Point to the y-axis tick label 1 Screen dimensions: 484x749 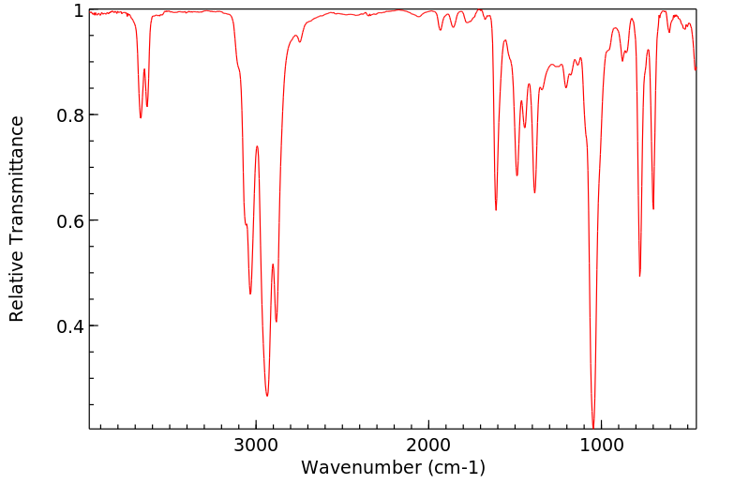(79, 10)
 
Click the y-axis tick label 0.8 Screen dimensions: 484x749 (71, 115)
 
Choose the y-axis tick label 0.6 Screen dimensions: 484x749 (71, 220)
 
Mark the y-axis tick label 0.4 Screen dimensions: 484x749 (71, 326)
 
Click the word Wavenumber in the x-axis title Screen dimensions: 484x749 (359, 466)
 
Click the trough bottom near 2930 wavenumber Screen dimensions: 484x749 (267, 396)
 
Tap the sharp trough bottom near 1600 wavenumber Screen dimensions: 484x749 (496, 209)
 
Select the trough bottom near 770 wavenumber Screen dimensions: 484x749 (639, 276)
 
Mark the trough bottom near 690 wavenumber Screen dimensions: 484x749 (653, 209)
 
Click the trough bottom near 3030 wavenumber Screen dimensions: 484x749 (250, 294)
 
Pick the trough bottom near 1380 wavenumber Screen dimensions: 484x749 (534, 192)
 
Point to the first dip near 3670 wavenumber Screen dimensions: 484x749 (141, 117)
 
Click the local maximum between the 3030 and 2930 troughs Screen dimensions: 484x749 (257, 146)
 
